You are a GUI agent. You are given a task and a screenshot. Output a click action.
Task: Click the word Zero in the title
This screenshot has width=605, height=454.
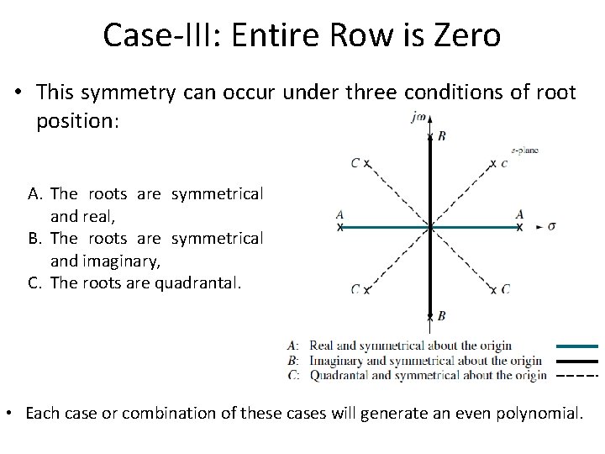click(462, 35)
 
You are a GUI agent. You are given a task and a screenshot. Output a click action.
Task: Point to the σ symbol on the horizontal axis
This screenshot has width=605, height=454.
click(551, 226)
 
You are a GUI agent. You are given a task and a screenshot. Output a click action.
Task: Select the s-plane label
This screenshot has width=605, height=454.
click(524, 150)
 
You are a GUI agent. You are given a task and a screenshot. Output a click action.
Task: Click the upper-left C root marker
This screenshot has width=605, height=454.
click(367, 163)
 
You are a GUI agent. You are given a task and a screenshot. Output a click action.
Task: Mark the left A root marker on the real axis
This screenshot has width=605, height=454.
click(340, 227)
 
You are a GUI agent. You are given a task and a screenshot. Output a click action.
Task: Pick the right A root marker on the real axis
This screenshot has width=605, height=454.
click(519, 227)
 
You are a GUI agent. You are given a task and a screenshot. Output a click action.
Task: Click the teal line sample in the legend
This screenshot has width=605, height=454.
click(576, 346)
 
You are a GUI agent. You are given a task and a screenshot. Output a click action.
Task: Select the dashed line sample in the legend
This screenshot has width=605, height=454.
click(576, 375)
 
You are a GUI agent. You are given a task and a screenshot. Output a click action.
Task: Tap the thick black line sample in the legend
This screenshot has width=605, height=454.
click(576, 361)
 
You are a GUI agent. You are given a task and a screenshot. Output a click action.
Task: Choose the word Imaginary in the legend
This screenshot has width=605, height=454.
click(338, 361)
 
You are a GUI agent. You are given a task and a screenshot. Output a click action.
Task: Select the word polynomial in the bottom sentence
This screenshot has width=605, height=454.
click(537, 413)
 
